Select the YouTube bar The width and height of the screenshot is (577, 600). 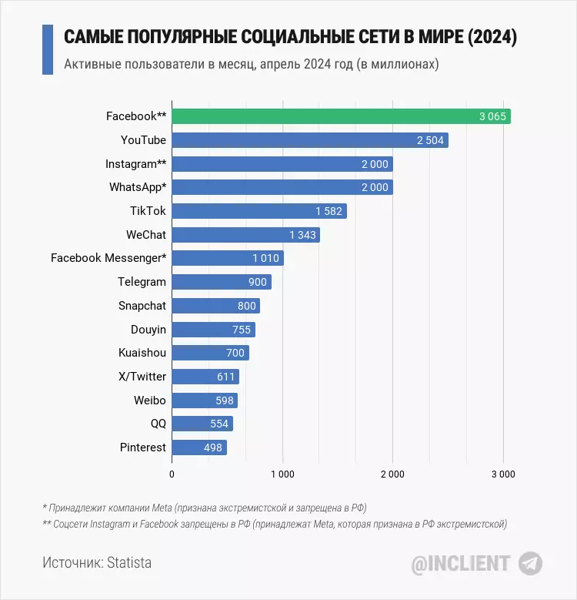click(x=309, y=140)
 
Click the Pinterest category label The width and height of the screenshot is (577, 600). click(x=142, y=447)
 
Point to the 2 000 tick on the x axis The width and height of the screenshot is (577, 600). click(x=392, y=474)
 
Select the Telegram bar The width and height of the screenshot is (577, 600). click(x=221, y=282)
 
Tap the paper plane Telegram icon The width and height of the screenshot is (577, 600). click(x=530, y=563)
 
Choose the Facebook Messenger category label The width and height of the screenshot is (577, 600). click(x=108, y=258)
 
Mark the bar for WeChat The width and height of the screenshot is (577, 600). click(x=245, y=235)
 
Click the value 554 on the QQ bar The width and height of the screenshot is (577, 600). click(x=219, y=424)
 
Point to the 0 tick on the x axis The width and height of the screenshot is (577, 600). click(x=172, y=474)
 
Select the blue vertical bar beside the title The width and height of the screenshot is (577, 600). click(x=47, y=49)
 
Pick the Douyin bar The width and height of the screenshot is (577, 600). click(x=213, y=330)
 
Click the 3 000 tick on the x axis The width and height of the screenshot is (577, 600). click(x=503, y=474)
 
